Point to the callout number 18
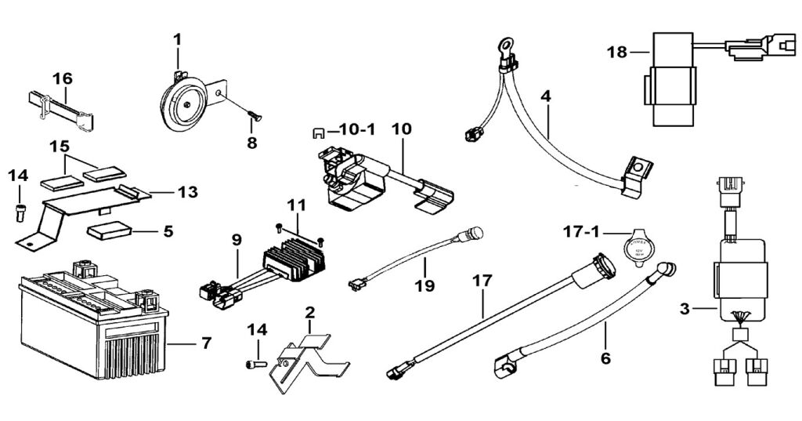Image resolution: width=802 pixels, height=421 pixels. [x=617, y=53]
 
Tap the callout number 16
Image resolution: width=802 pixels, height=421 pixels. [x=63, y=78]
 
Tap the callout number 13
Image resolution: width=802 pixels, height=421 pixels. [x=188, y=191]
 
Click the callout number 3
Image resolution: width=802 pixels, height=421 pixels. [x=685, y=309]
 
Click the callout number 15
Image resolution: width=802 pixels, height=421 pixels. [x=60, y=147]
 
